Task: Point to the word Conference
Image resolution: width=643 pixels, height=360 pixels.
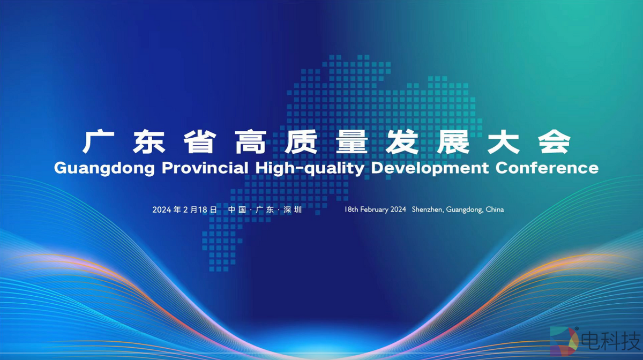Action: click(547, 168)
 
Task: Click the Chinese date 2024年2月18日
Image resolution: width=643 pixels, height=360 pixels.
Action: click(184, 210)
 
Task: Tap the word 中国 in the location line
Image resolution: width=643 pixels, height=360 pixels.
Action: click(237, 210)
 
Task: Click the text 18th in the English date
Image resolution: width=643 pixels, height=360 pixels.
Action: click(352, 209)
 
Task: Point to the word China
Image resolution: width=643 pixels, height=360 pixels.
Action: click(494, 209)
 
